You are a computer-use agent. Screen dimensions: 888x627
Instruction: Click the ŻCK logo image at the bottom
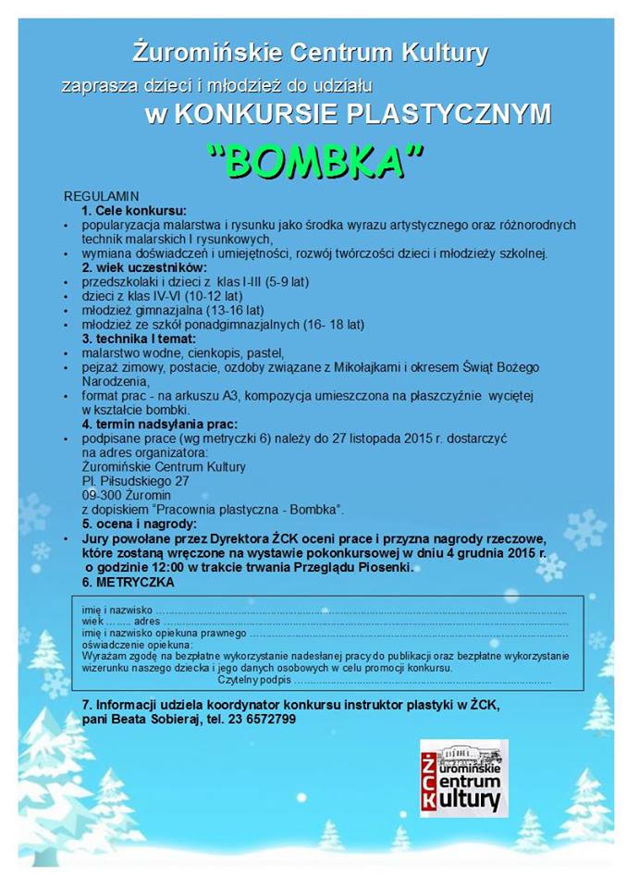[464, 777]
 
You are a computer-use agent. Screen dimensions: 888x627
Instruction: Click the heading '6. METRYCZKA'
[128, 583]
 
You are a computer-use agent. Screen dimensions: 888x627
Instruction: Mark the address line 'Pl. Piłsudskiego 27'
[135, 481]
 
